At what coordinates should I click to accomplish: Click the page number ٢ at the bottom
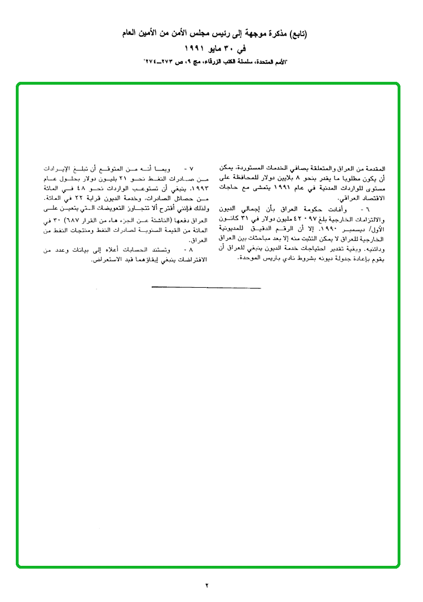[207, 585]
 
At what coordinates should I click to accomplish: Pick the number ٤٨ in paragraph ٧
[82, 188]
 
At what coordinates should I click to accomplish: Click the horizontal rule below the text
[206, 288]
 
